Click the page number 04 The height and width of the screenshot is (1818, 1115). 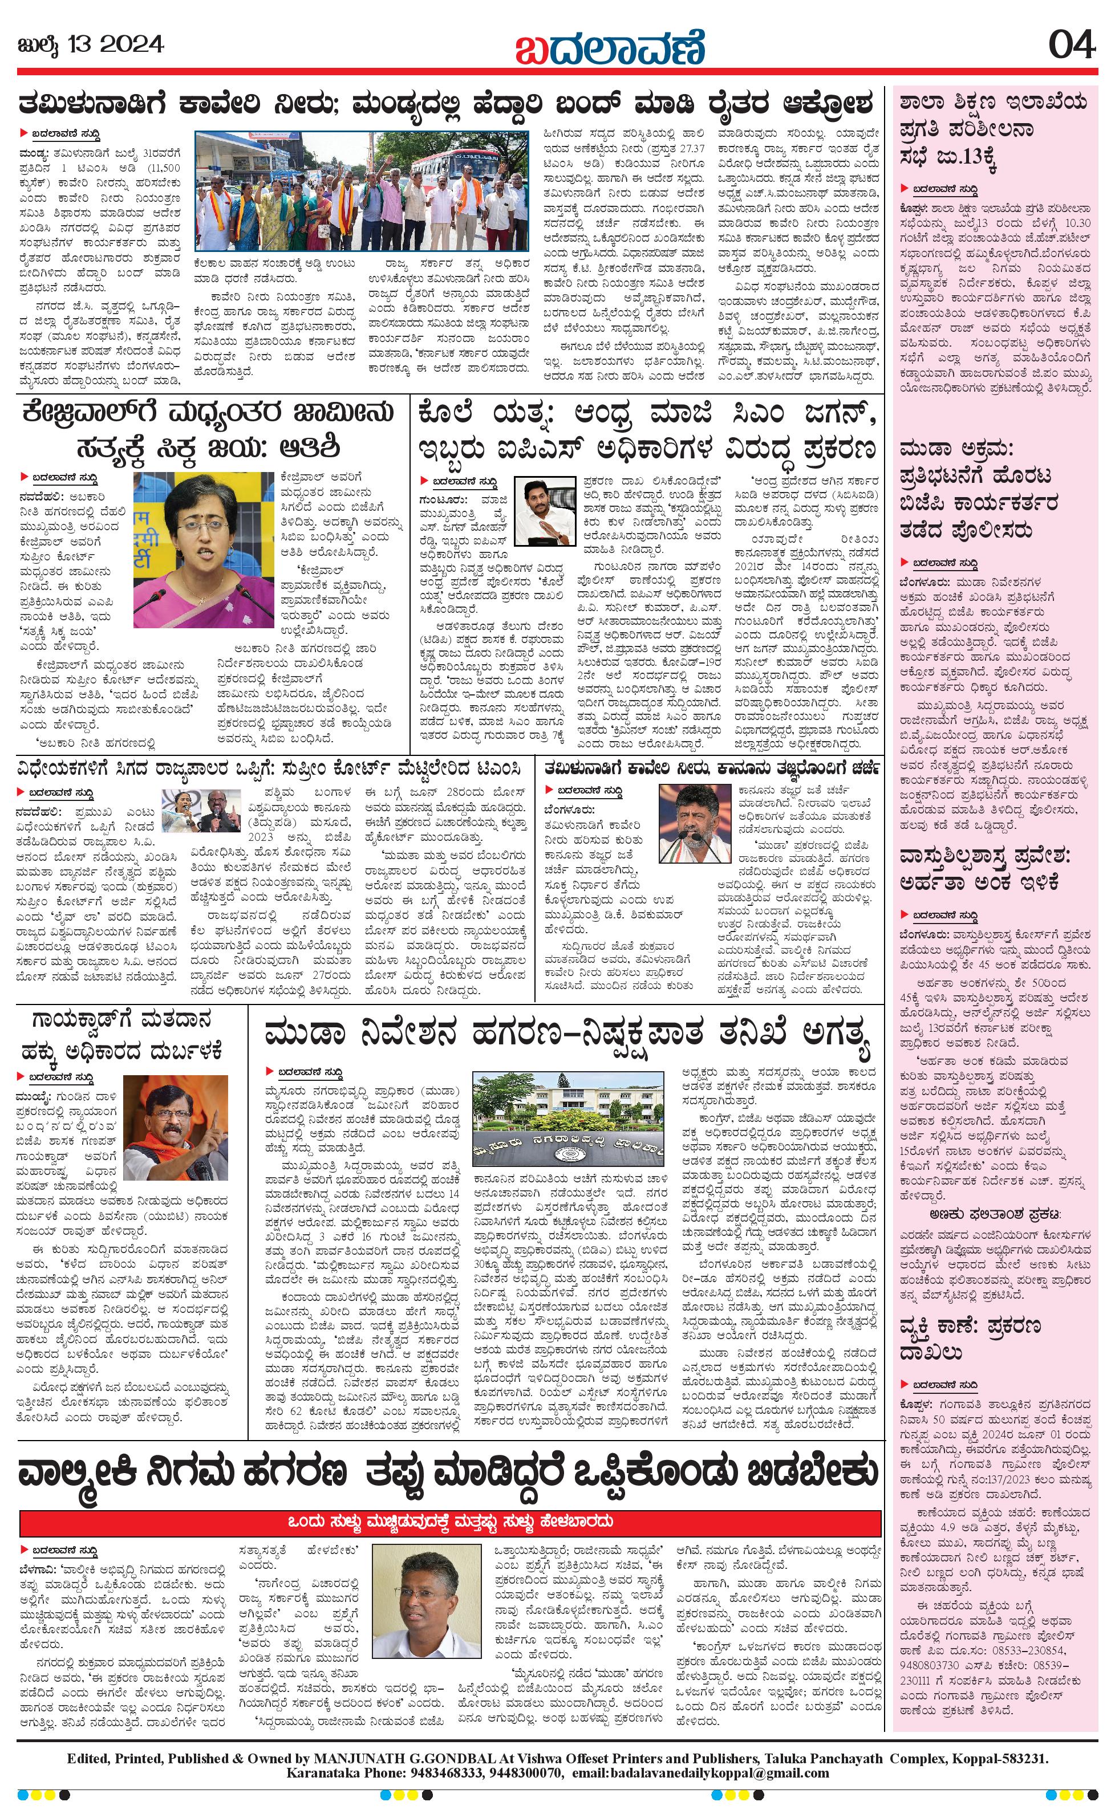coord(1072,46)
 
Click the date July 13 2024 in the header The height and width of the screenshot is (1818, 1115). coord(90,45)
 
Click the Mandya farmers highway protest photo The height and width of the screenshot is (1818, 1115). coord(362,192)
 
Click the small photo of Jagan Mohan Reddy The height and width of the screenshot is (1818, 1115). coord(545,512)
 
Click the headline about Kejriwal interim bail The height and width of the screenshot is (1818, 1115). coord(208,429)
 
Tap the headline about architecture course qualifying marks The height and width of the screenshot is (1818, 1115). coord(984,869)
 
